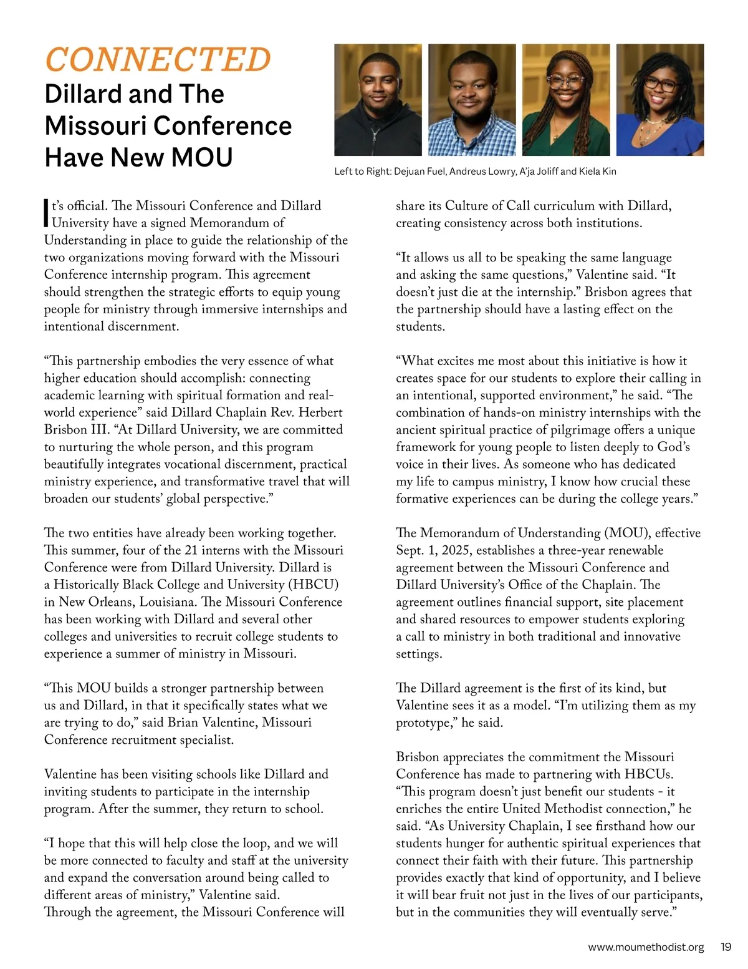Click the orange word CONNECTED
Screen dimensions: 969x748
158,60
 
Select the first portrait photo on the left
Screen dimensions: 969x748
378,100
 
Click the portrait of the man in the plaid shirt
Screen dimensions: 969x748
472,100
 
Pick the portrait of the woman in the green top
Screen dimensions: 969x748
565,100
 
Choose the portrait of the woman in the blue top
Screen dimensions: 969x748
659,100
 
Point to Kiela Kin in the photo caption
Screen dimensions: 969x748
597,172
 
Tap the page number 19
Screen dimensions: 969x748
726,947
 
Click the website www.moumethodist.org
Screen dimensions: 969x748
646,947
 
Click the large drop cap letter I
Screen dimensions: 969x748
46,213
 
